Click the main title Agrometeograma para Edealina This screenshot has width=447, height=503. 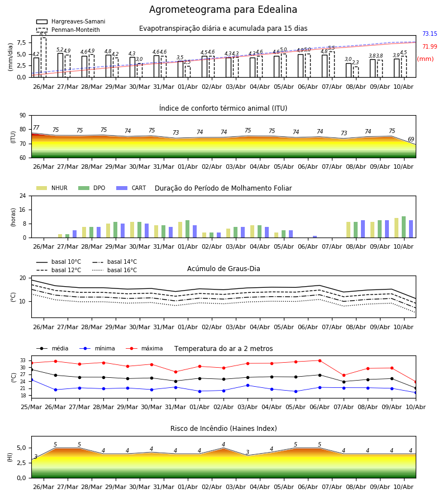tap(223, 10)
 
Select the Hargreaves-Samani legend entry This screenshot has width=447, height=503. tap(70, 21)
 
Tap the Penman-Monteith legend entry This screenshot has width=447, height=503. tap(68, 30)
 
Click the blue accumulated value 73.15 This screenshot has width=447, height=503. tap(430, 34)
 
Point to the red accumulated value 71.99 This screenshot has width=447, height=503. tap(430, 46)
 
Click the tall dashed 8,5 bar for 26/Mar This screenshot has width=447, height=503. tap(43, 58)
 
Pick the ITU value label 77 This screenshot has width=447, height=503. tap(36, 127)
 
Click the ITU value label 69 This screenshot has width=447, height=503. tap(411, 139)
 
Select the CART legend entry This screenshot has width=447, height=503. tap(131, 188)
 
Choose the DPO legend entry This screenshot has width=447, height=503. tap(92, 188)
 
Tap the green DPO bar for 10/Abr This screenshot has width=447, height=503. tap(404, 227)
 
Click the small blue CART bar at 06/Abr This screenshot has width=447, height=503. tap(315, 237)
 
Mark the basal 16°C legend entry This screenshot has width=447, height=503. tap(115, 270)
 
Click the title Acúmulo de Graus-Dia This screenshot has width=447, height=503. tap(223, 268)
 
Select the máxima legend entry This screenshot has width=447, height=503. tap(144, 348)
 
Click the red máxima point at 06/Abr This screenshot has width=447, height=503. tap(320, 360)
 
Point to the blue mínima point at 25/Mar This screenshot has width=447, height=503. tap(31, 380)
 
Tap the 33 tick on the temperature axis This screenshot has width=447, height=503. tap(23, 360)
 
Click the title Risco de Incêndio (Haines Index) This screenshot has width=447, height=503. tap(223, 428)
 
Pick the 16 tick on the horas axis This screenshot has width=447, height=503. tap(23, 210)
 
